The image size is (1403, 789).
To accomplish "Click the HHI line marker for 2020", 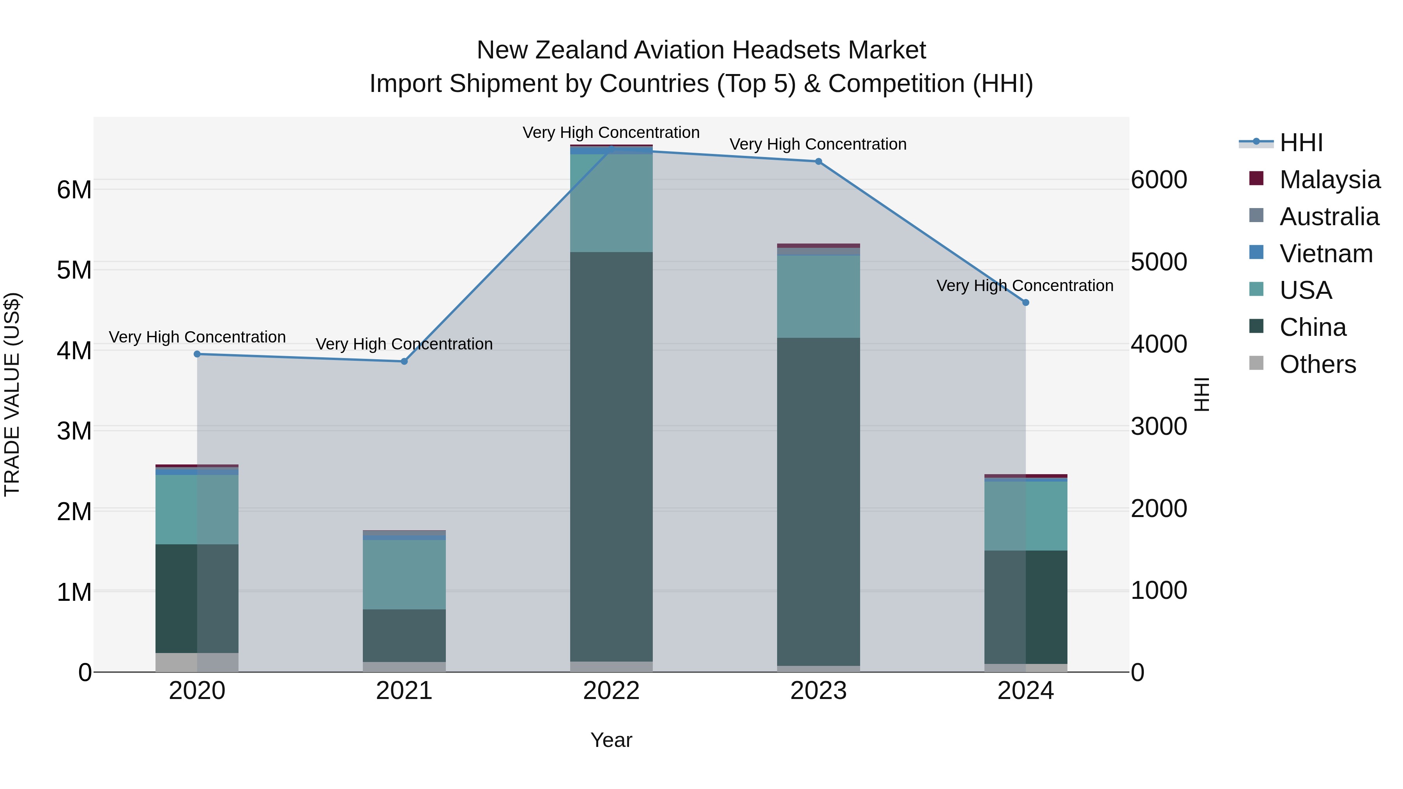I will point(197,354).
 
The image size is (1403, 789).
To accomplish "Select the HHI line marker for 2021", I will point(404,362).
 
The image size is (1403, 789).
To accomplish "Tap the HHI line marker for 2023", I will point(818,162).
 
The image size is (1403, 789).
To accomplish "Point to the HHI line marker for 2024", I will point(1026,302).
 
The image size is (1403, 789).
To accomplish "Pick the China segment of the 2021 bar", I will point(404,635).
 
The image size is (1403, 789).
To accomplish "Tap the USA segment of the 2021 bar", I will point(404,574).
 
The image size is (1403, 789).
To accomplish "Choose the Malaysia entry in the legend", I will point(1329,180).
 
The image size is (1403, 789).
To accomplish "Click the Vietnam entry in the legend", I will point(1326,254).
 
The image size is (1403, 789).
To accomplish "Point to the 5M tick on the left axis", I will point(74,270).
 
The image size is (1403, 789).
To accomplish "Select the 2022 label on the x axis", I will point(611,691).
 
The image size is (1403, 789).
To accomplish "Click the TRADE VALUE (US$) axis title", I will point(12,394).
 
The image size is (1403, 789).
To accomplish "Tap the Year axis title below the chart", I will point(611,740).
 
